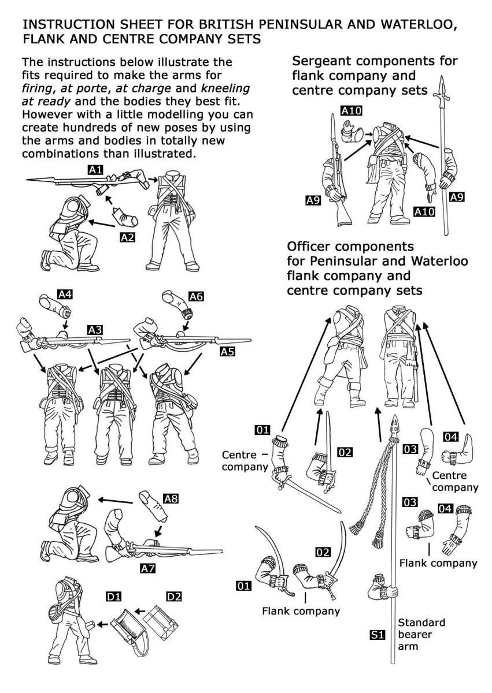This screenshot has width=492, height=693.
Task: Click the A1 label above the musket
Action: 96,170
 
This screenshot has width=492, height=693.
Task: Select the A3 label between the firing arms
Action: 95,330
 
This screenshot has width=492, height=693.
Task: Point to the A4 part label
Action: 66,295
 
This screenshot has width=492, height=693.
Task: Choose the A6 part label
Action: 197,296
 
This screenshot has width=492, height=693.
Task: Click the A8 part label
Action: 171,499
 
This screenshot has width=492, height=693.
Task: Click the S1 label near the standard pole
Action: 377,635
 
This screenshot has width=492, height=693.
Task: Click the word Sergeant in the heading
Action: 322,61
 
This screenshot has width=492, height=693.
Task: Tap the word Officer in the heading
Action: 310,247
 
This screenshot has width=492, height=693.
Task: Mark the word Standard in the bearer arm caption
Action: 421,623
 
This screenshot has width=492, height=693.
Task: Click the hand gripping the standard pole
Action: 393,591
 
